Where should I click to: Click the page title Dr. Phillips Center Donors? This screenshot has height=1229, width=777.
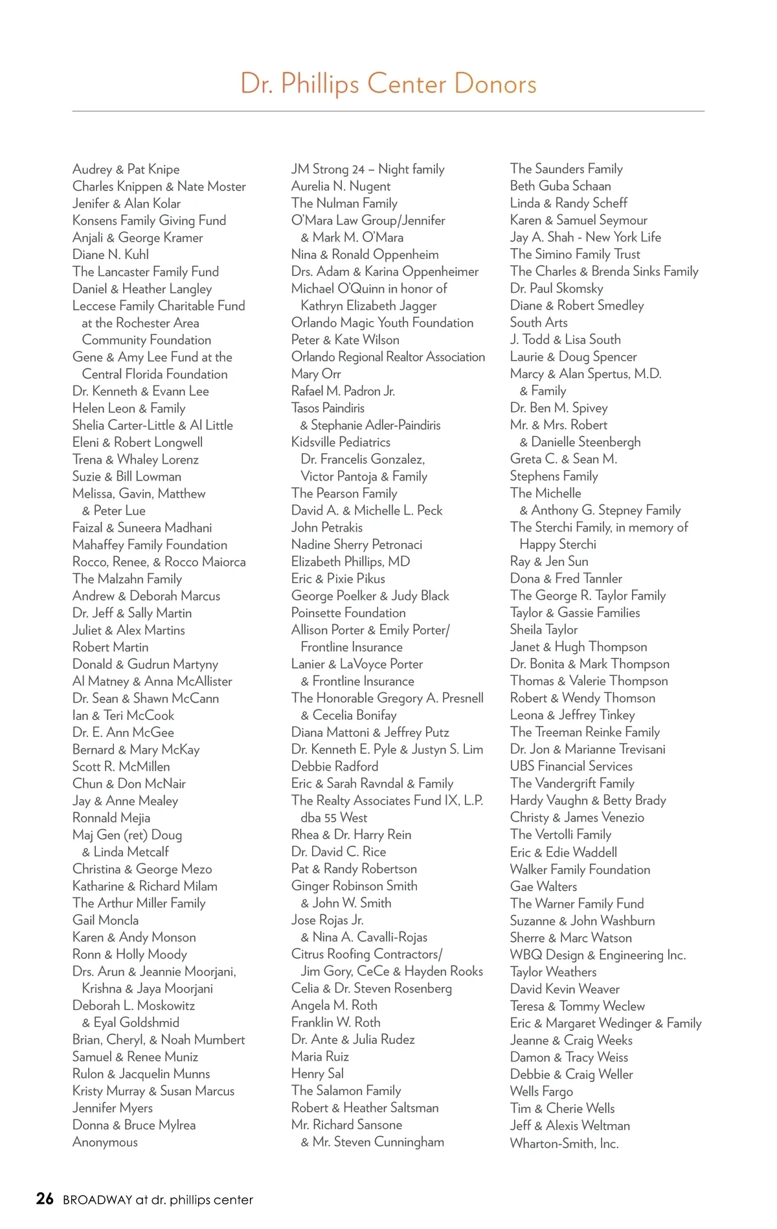pos(388,84)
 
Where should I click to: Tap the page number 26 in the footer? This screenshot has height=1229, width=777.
pos(45,1199)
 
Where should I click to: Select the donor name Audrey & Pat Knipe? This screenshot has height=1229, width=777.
pos(126,169)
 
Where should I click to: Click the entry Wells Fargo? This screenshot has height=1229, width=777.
pos(541,1091)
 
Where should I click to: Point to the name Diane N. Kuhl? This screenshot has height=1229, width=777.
pos(111,254)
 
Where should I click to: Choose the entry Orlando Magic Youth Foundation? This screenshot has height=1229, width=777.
pos(382,322)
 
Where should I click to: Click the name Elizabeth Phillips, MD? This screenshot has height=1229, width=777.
pos(350,561)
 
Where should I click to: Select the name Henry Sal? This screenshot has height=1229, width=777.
pos(317,1073)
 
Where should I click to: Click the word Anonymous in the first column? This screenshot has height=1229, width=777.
pos(105,1142)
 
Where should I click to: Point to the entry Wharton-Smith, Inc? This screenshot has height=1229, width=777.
pos(564,1143)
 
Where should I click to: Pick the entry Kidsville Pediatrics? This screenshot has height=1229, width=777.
pos(341,442)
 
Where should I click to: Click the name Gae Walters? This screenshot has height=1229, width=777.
pos(543,886)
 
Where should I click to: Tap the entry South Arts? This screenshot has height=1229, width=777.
pos(539,322)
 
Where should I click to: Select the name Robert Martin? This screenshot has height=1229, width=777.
pos(110,647)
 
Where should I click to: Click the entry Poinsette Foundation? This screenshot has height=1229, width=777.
pos(348,613)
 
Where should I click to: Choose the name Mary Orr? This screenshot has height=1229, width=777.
pos(316,374)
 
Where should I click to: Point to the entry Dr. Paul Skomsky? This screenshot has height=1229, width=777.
pos(556,288)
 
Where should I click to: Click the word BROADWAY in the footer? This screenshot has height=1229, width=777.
pos(97,1200)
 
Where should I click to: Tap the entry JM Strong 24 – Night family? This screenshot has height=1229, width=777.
pos(368,169)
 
